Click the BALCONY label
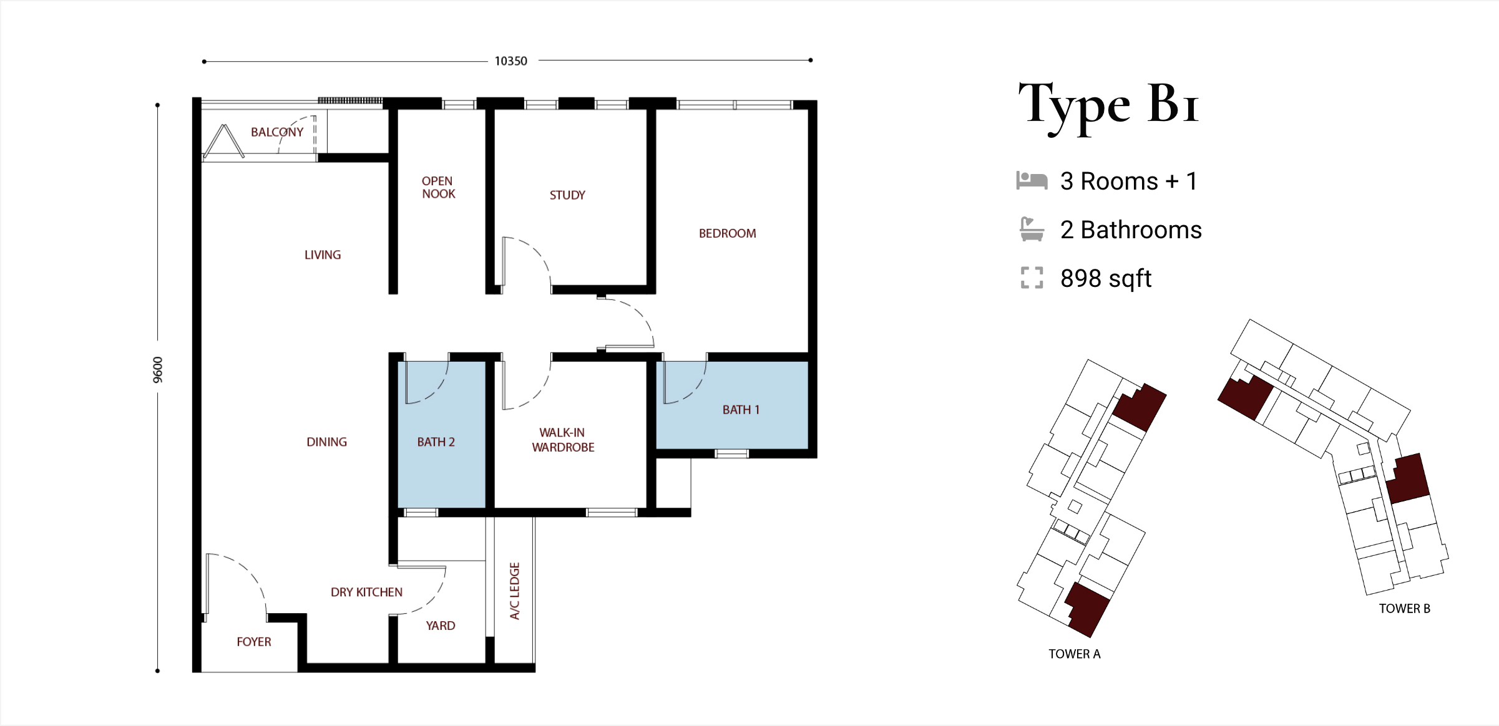277,132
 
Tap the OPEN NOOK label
438,187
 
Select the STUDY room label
567,195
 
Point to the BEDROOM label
727,233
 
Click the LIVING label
323,254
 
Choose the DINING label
326,442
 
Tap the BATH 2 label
436,442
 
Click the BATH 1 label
741,410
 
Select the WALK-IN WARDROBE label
563,440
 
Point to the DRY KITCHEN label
366,592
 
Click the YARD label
441,626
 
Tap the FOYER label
254,642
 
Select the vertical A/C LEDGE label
515,591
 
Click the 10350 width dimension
510,61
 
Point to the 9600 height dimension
158,370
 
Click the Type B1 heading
1108,106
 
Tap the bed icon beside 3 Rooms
1032,180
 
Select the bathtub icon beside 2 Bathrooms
1032,229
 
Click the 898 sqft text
1106,278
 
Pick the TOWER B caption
1404,609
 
